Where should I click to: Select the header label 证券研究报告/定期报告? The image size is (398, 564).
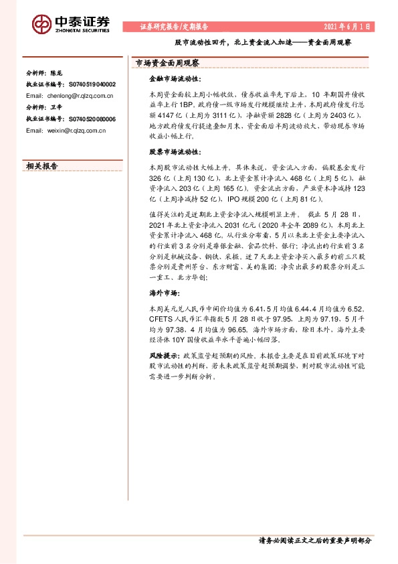[x=173, y=27]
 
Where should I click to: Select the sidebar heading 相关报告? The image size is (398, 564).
[x=41, y=165]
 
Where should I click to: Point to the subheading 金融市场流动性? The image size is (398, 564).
[x=171, y=80]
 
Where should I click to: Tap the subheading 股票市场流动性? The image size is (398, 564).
[x=171, y=151]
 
